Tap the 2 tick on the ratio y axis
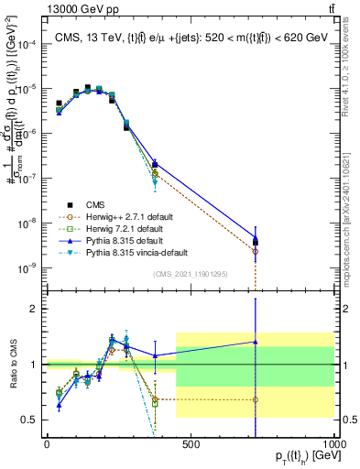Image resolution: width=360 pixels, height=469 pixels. pos(32,309)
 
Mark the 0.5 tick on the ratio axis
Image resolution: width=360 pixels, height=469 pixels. pos(29,420)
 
